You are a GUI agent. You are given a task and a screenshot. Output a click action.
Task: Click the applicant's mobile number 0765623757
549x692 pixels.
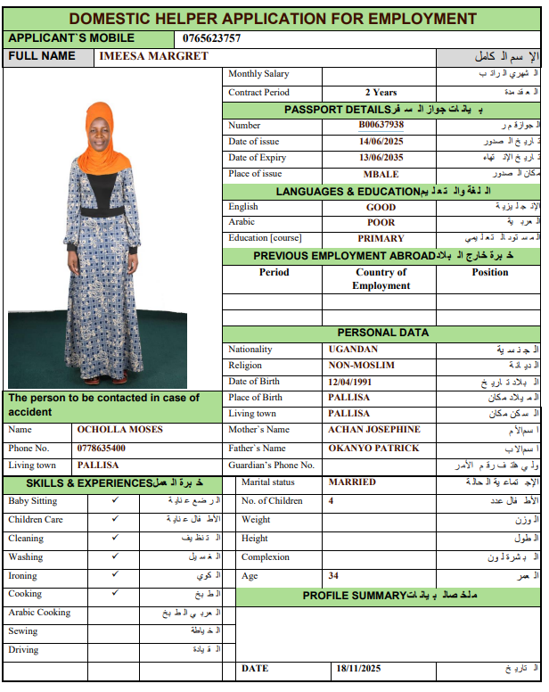pos(211,38)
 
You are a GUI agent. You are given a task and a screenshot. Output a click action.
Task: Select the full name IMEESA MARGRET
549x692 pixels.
pos(154,56)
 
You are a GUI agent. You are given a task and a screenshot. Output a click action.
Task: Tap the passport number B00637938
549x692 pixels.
pos(381,125)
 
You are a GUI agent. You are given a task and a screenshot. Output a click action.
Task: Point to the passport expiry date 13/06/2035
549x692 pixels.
pos(381,158)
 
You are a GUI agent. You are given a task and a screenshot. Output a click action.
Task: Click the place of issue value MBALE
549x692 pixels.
pos(381,174)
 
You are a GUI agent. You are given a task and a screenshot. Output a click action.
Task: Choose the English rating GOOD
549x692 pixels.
pos(381,207)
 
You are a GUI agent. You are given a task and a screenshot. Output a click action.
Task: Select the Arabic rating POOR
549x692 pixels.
pos(381,223)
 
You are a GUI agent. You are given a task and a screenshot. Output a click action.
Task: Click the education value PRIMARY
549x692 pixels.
pos(381,239)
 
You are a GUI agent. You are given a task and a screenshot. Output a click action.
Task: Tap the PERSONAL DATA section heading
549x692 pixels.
pos(382,333)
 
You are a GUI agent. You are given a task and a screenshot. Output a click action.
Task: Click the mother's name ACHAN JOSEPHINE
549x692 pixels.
pos(373,430)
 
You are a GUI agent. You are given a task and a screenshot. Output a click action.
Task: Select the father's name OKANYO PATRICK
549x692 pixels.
pos(373,449)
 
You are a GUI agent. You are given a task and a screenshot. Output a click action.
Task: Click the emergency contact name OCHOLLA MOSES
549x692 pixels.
pos(119,430)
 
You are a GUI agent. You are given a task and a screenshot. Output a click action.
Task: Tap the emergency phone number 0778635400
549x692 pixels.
pos(101,449)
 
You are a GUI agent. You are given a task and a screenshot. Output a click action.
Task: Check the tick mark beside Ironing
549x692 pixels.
pos(114,575)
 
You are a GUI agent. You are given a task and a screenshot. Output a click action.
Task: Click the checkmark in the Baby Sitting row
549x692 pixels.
pos(114,500)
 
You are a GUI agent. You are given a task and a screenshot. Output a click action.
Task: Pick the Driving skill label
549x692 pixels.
pos(23,650)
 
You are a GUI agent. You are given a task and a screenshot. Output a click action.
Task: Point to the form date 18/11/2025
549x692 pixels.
pos(358,668)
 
